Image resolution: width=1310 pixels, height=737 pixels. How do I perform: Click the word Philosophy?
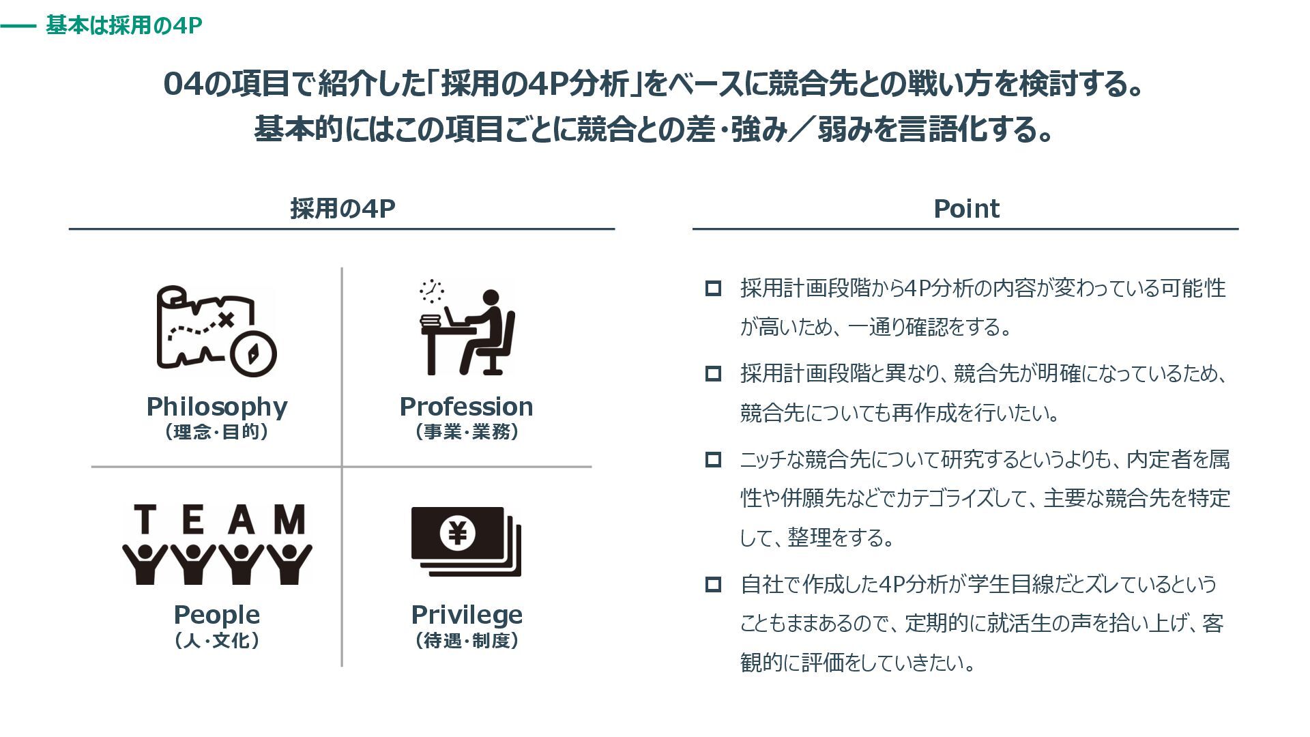pos(217,407)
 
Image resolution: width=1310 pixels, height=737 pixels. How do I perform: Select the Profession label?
pos(467,407)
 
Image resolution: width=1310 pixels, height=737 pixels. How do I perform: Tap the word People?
pos(217,616)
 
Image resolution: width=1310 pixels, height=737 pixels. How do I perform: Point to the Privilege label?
pos(467,616)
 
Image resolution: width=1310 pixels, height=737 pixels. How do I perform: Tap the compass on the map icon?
pos(253,354)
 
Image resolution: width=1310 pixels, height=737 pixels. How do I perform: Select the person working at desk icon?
pos(467,328)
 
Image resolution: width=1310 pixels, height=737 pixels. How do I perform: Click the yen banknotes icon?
pos(466,541)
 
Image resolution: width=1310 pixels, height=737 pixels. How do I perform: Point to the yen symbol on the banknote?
pos(457,532)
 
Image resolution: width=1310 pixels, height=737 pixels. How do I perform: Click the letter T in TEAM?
pos(143,519)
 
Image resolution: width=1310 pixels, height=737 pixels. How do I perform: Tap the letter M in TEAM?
pos(289,519)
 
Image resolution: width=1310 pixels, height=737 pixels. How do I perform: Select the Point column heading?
pos(966,209)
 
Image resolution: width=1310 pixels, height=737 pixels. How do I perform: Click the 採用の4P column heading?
pos(343,209)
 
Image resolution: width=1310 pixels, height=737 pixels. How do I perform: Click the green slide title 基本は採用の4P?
pos(123,26)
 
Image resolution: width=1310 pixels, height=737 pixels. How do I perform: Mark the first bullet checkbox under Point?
pos(713,288)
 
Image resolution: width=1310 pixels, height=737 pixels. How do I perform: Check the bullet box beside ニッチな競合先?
pos(713,459)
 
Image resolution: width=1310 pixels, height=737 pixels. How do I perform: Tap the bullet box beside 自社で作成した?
pos(713,584)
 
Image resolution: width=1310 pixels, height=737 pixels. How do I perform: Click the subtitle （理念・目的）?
pos(217,433)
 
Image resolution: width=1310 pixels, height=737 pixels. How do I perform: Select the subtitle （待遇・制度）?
pos(467,641)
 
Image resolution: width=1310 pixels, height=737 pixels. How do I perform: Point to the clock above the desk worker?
pos(431,291)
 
